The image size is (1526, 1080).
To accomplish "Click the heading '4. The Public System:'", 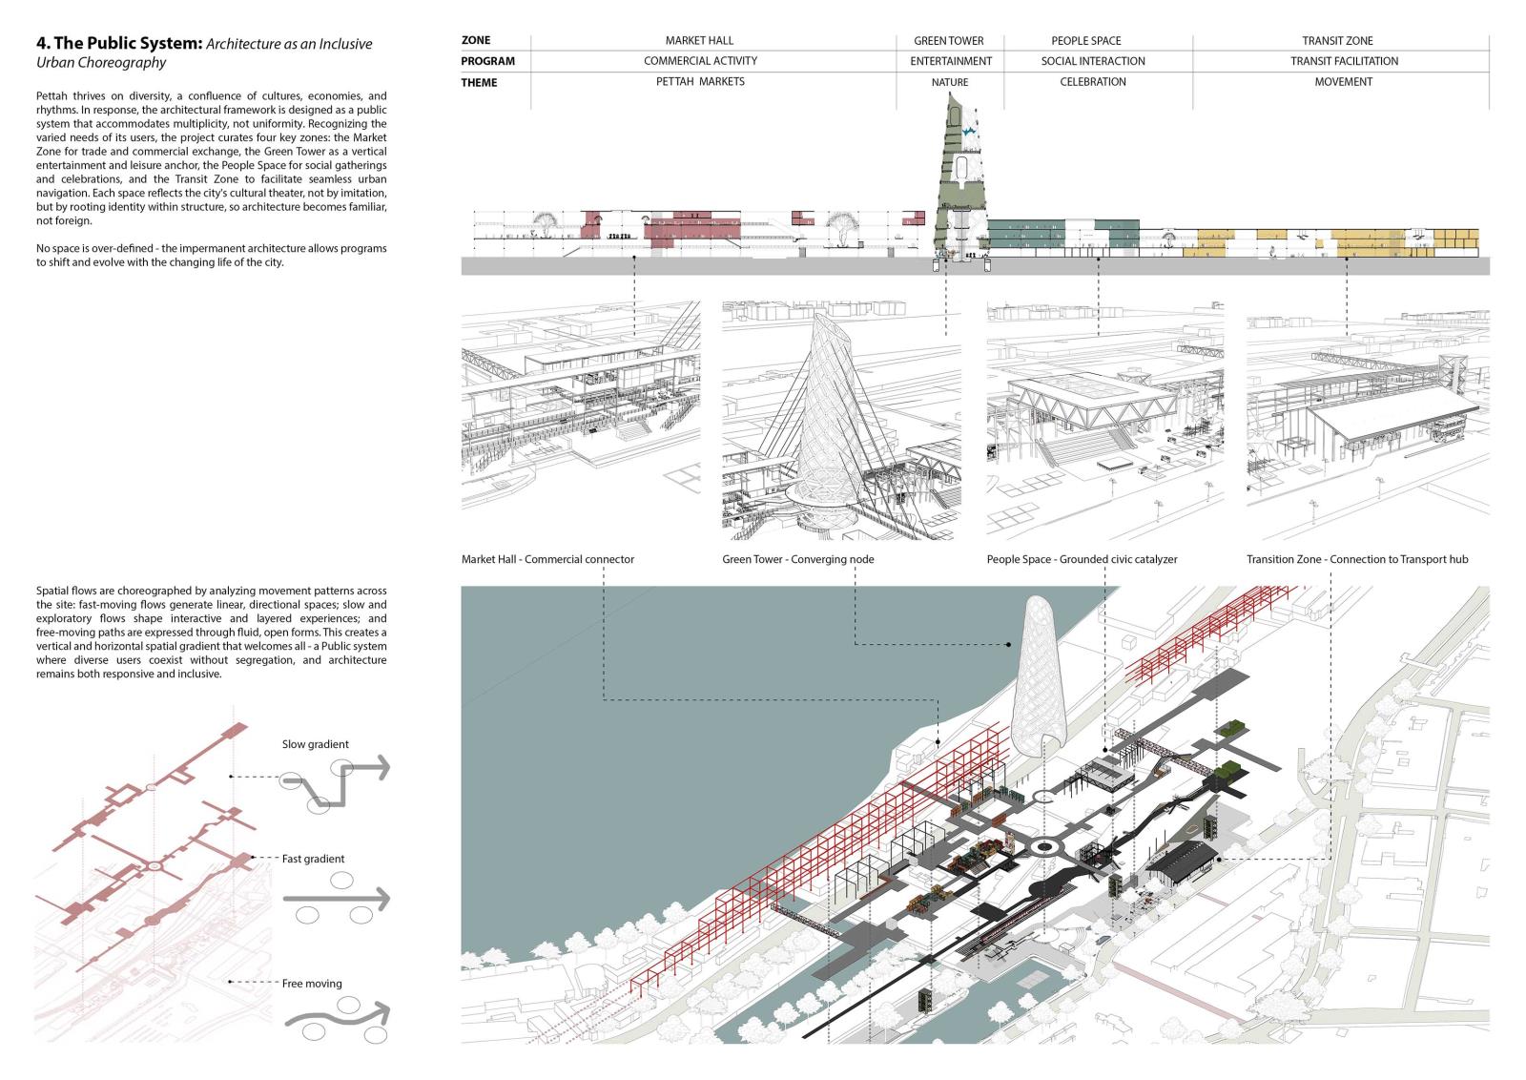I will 119,44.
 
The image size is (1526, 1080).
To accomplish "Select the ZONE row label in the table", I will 476,40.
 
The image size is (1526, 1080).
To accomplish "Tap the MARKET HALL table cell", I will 699,41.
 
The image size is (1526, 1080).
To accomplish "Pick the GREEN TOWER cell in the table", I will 949,41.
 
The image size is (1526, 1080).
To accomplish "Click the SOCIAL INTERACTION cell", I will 1093,61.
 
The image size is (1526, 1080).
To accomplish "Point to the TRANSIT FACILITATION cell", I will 1344,61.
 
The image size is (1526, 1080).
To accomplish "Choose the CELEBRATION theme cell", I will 1093,82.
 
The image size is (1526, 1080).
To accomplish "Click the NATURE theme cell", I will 950,82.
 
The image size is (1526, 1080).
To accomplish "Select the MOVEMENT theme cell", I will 1344,82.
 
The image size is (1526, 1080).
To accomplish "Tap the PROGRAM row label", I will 487,61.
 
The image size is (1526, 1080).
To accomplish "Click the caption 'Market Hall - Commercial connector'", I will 547,559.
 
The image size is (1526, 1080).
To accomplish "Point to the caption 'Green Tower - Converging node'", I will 797,559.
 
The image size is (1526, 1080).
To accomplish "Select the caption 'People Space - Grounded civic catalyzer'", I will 1082,559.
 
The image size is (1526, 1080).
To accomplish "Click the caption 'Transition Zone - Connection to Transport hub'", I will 1357,559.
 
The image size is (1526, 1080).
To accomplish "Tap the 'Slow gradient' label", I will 315,744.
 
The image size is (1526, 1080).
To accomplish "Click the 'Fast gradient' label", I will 313,859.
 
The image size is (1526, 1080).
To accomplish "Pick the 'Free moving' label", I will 312,984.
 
